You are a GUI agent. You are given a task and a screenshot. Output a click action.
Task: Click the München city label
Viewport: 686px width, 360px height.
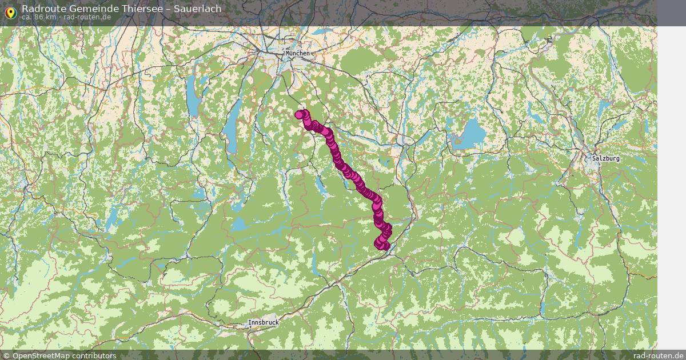pyautogui.click(x=298, y=53)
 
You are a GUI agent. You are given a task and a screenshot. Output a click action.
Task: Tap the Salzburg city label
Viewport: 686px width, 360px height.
pyautogui.click(x=606, y=158)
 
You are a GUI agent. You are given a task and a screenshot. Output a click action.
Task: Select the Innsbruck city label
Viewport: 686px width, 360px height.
pyautogui.click(x=264, y=323)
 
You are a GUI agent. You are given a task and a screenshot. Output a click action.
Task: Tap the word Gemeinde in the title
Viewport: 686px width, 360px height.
pyautogui.click(x=91, y=9)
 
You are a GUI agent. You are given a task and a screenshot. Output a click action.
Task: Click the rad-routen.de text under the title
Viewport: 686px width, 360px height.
pyautogui.click(x=87, y=17)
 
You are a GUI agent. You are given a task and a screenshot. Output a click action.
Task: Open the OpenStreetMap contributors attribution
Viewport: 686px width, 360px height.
pyautogui.click(x=63, y=355)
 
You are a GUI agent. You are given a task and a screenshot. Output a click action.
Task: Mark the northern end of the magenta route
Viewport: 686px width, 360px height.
pyautogui.click(x=300, y=114)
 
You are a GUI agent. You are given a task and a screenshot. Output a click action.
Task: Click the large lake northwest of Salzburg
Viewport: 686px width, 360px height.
pyautogui.click(x=470, y=135)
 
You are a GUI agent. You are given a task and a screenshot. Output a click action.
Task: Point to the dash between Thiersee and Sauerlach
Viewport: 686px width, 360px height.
pyautogui.click(x=166, y=9)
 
